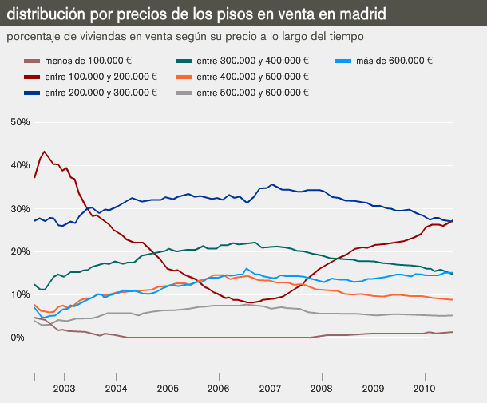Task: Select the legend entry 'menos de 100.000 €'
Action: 88,61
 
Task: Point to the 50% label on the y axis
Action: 19,122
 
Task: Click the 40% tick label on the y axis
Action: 19,165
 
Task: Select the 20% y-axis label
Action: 19,251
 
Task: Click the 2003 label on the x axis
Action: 64,388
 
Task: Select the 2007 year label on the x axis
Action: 270,388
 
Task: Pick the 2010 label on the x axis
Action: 425,388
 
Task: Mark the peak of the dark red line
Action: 45,152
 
